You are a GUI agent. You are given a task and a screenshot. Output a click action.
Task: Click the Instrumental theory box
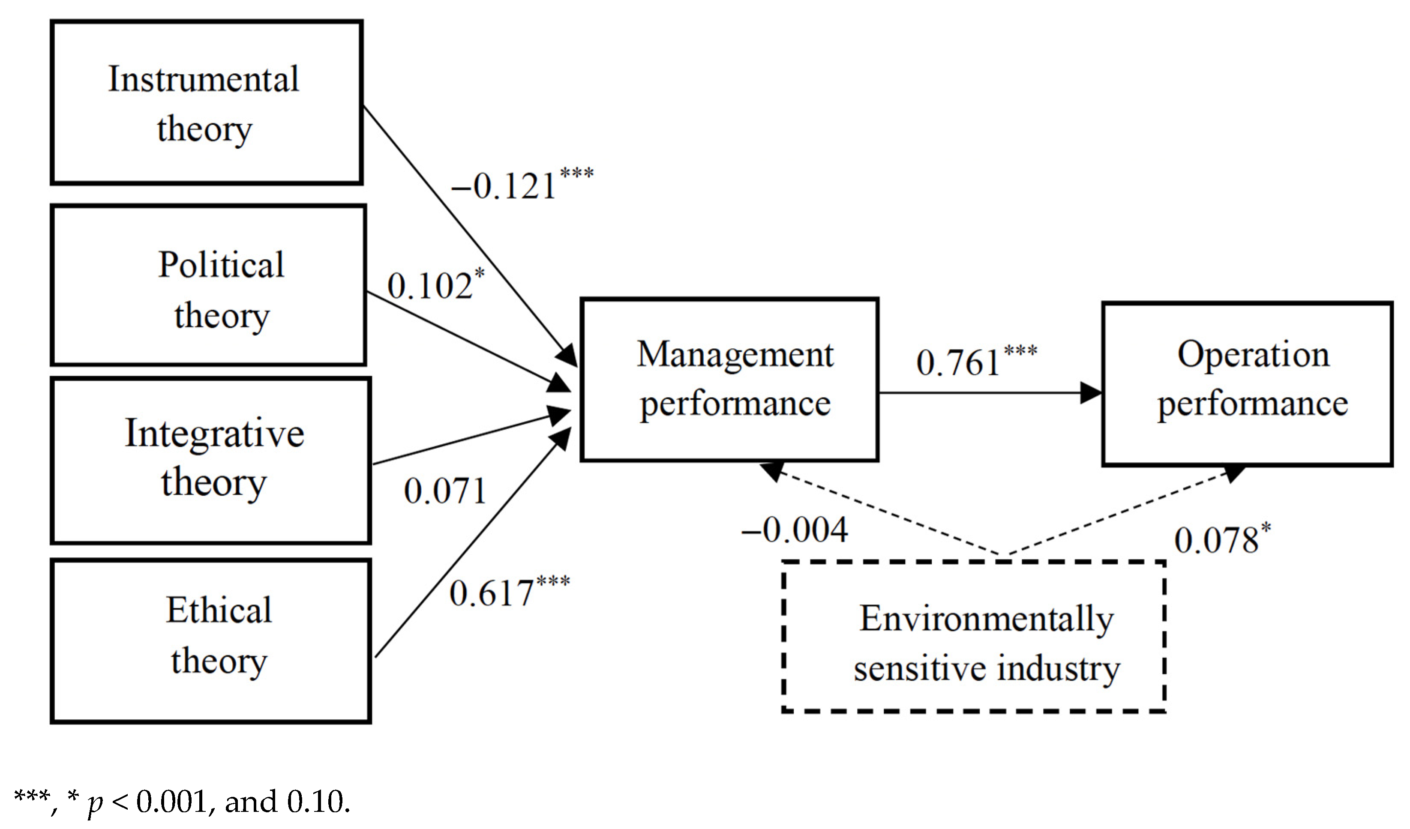point(207,102)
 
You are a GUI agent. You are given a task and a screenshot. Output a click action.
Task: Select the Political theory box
point(208,285)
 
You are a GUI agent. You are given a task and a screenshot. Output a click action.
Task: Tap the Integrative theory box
point(210,461)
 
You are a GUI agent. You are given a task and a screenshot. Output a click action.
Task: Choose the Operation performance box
point(1247,384)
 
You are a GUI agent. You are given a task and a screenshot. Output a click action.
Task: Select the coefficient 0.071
point(445,491)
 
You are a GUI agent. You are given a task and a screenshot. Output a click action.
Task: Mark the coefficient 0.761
point(957,362)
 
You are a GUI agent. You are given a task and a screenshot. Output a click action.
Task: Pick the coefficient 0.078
point(1216,540)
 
